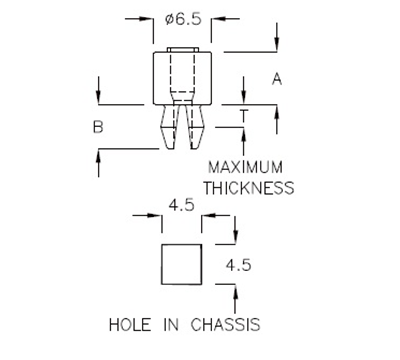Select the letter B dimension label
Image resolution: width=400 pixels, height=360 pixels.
tap(99, 127)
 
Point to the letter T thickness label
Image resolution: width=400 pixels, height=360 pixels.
tap(245, 118)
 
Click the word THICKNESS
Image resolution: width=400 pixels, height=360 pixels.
tap(248, 186)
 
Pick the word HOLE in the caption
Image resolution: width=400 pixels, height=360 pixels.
tap(127, 324)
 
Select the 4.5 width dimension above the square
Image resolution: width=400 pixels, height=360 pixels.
tap(181, 207)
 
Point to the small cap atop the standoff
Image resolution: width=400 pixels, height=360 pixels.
tap(181, 50)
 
